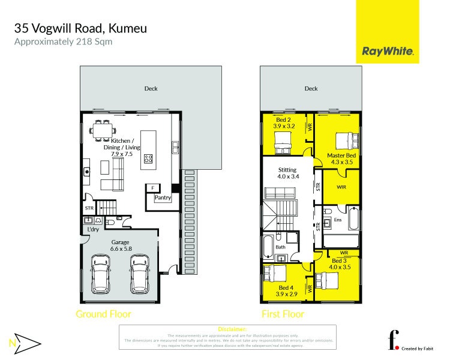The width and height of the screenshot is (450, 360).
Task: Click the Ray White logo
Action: tap(388, 52)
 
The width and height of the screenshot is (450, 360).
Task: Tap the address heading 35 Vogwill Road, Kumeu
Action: tap(80, 28)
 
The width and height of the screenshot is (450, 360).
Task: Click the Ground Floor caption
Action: tap(103, 314)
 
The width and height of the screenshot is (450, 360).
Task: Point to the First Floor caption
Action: tap(283, 314)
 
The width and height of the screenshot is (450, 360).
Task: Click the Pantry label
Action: tap(163, 197)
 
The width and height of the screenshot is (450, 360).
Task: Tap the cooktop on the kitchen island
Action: tap(148, 160)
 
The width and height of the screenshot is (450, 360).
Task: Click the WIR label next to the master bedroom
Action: tap(341, 187)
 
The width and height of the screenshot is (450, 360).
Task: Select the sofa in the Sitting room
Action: tap(280, 193)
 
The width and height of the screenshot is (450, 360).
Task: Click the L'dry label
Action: tap(93, 230)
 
